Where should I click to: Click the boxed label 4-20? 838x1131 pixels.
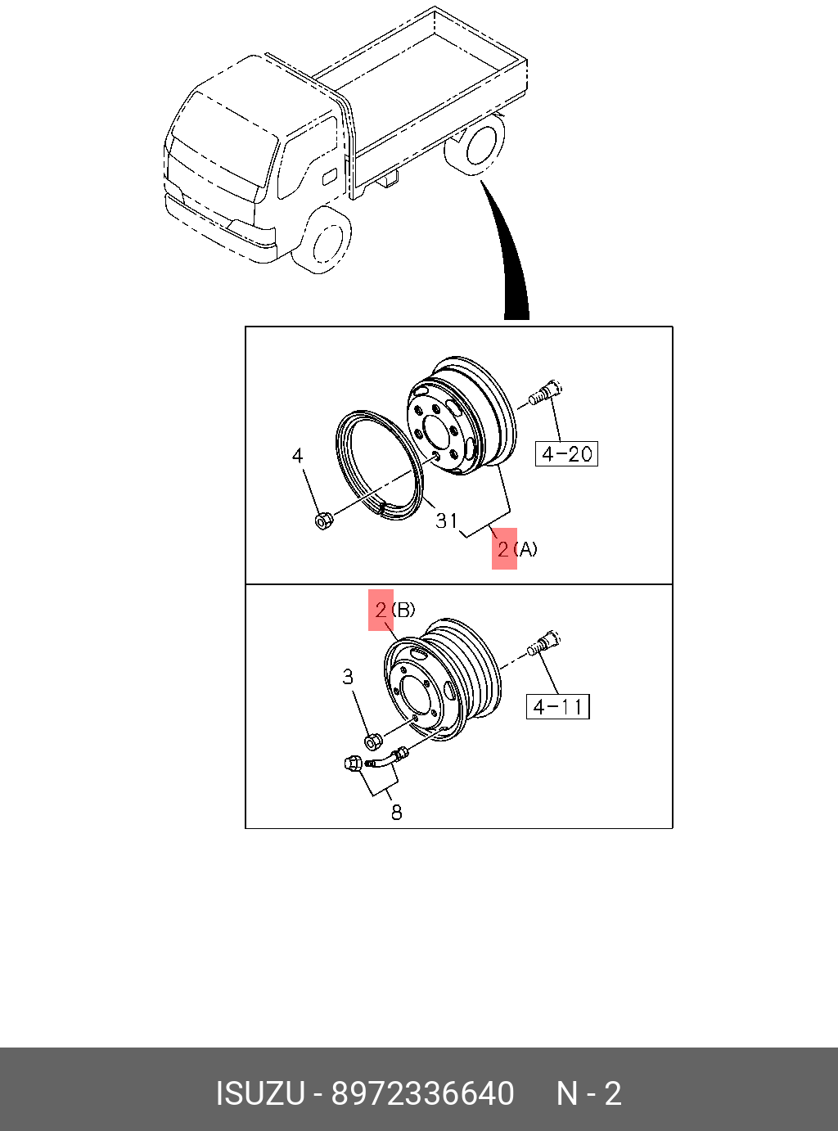[566, 453]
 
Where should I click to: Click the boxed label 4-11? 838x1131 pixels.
[557, 706]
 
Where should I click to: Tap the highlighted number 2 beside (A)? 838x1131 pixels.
[503, 548]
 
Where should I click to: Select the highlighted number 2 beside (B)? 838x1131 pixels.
[381, 610]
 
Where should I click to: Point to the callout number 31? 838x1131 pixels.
[447, 520]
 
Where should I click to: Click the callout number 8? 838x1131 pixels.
[396, 812]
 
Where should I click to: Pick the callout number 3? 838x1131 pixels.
[348, 677]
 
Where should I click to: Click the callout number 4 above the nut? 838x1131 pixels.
[297, 455]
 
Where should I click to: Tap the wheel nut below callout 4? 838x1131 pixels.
[323, 520]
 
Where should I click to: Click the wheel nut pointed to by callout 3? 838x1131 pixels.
[371, 741]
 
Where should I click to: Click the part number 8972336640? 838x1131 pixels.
[422, 1093]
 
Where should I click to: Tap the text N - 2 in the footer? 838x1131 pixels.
[589, 1093]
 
